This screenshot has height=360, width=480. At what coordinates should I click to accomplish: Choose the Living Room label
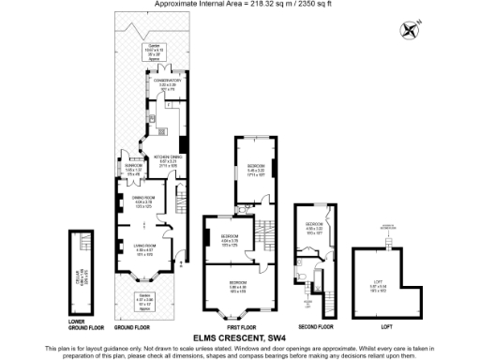point(144,248)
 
